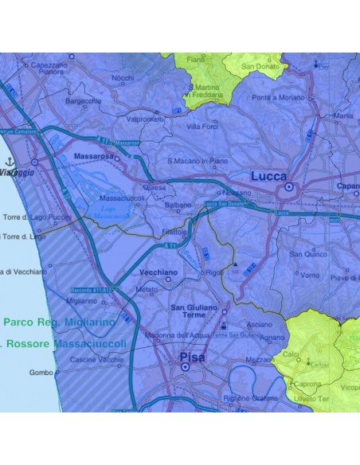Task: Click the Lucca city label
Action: pyautogui.click(x=268, y=176)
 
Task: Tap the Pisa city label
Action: pyautogui.click(x=192, y=357)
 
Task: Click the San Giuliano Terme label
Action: pyautogui.click(x=195, y=311)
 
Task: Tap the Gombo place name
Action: pyautogui.click(x=40, y=373)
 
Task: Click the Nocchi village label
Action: pyautogui.click(x=123, y=78)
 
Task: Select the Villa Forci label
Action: pyautogui.click(x=202, y=127)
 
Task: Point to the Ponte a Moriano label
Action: pyautogui.click(x=277, y=97)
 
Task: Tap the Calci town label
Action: pyautogui.click(x=291, y=354)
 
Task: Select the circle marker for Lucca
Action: pyautogui.click(x=288, y=188)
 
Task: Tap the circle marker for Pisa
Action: pyautogui.click(x=184, y=369)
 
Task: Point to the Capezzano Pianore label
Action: pyautogui.click(x=50, y=68)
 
